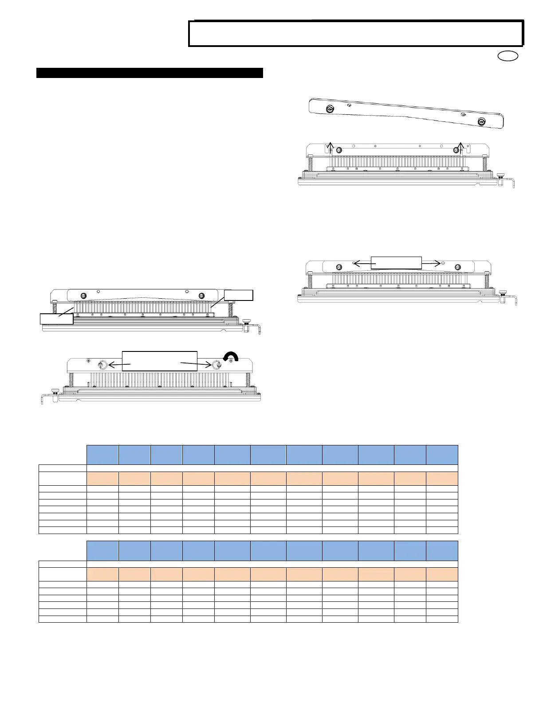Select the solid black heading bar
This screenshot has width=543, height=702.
[x=150, y=73]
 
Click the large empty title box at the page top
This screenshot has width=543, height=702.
[x=356, y=33]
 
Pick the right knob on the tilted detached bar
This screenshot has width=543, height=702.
[x=482, y=121]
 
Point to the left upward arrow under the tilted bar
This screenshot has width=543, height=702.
[x=330, y=147]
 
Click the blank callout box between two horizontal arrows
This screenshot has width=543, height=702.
[x=396, y=262]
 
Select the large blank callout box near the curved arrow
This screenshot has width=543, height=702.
[x=159, y=361]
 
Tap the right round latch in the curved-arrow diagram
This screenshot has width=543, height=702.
[x=217, y=365]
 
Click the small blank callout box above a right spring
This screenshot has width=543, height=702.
[x=239, y=295]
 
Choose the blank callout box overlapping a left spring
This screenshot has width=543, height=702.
[x=56, y=319]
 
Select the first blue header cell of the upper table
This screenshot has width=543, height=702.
[x=102, y=455]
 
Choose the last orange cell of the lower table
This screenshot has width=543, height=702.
[x=442, y=574]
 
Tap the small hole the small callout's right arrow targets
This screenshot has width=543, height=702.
[x=437, y=263]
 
